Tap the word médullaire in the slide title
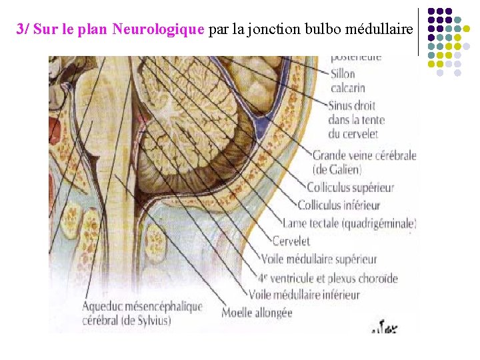click(377, 29)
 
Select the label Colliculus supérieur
click(350, 188)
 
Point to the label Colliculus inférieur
click(339, 205)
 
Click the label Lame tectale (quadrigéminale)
click(349, 223)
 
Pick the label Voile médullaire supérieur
click(319, 259)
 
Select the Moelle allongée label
click(257, 312)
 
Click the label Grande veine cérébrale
click(364, 155)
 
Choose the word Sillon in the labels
click(343, 73)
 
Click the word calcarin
click(347, 87)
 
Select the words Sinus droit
click(351, 105)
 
